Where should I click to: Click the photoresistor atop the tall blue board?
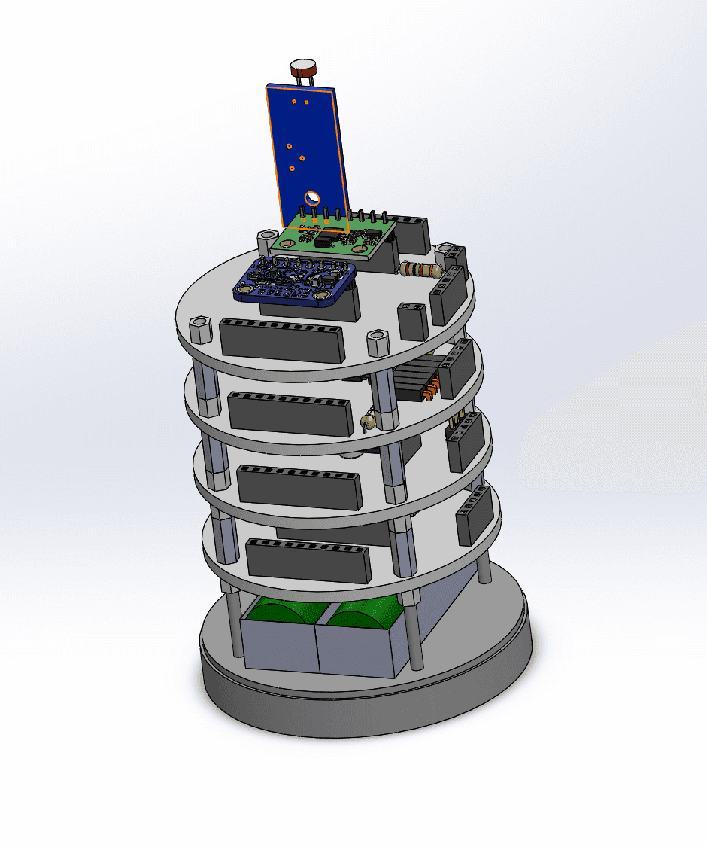click(x=304, y=69)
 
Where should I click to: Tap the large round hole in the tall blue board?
click(x=311, y=199)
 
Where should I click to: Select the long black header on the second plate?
click(x=290, y=413)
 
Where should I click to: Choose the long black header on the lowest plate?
click(x=308, y=561)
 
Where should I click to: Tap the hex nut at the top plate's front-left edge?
click(x=202, y=330)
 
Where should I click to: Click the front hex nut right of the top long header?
click(x=378, y=343)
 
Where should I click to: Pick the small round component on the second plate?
click(x=368, y=421)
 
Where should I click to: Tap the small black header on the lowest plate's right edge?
click(x=474, y=515)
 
